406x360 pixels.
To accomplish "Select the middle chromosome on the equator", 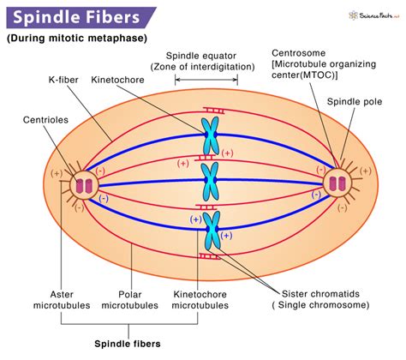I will (209, 181).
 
